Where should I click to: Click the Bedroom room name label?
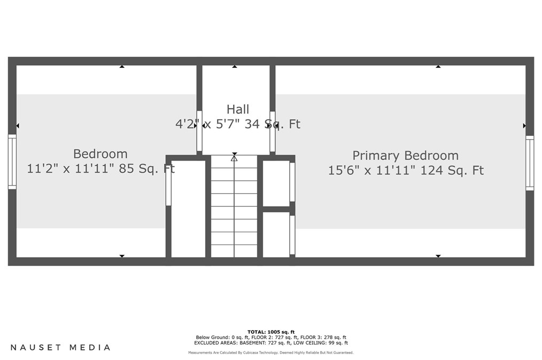100,154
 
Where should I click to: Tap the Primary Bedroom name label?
405,156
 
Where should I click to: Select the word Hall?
238,110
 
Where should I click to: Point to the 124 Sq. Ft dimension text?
452,171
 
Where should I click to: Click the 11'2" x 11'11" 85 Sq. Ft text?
101,169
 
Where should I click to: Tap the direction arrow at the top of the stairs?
234,158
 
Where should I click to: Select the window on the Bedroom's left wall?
12,162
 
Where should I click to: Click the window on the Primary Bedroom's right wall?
529,163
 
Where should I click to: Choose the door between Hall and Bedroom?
199,131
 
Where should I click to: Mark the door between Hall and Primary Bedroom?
272,131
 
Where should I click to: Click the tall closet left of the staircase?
188,209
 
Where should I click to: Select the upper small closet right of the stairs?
276,183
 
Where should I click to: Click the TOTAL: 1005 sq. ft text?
271,332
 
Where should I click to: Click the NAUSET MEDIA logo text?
60,348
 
